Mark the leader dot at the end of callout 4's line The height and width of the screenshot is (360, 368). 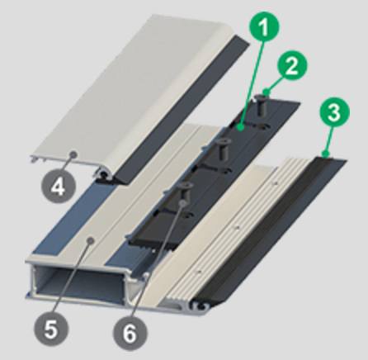(74, 154)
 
